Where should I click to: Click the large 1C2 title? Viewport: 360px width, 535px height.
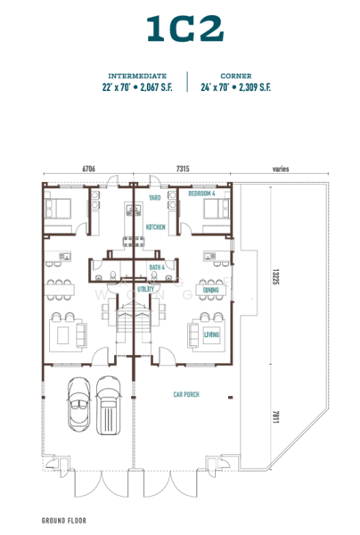(x=185, y=29)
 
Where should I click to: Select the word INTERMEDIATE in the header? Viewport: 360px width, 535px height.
(x=137, y=76)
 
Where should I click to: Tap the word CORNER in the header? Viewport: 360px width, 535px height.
(x=236, y=76)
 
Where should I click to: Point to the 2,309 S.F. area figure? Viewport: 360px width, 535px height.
(x=255, y=87)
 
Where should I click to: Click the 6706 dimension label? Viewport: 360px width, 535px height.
(x=88, y=169)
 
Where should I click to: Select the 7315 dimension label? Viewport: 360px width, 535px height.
(x=183, y=169)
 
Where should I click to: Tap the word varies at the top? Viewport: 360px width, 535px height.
(x=281, y=169)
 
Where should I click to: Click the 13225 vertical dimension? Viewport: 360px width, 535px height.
(x=276, y=276)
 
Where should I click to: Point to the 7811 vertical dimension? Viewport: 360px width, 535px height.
(x=276, y=416)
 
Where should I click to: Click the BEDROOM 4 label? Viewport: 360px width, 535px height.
(x=201, y=193)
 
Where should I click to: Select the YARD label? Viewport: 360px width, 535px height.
(x=154, y=198)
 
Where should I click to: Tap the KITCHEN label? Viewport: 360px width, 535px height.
(x=155, y=227)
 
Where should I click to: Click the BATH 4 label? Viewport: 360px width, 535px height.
(x=157, y=267)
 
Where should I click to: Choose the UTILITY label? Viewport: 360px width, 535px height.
(x=145, y=289)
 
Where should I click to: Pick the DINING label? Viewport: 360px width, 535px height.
(x=210, y=291)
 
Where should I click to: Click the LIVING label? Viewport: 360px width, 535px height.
(x=212, y=334)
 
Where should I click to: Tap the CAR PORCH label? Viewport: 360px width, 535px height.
(x=186, y=394)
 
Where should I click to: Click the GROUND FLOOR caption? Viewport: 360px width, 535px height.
(x=64, y=521)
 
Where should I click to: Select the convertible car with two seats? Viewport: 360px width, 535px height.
(x=79, y=405)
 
